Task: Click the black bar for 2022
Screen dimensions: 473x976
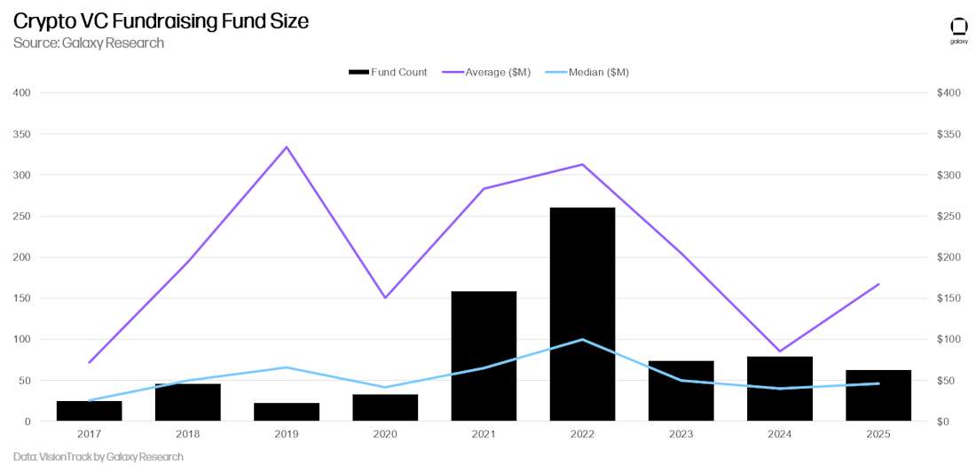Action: pyautogui.click(x=582, y=314)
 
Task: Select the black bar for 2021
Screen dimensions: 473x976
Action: pyautogui.click(x=484, y=356)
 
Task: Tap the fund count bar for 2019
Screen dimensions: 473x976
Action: pyautogui.click(x=287, y=412)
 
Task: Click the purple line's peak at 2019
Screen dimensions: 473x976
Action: pyautogui.click(x=287, y=146)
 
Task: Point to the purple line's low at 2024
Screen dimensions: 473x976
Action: pyautogui.click(x=779, y=351)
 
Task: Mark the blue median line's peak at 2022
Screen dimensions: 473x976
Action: pyautogui.click(x=582, y=339)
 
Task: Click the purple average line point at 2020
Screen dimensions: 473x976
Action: pyautogui.click(x=385, y=297)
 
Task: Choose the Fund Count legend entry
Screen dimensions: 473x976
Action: pyautogui.click(x=388, y=72)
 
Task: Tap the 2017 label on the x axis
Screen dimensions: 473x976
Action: pyautogui.click(x=90, y=435)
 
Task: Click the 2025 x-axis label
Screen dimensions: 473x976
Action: pyautogui.click(x=878, y=435)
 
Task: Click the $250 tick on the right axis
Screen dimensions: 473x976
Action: pyautogui.click(x=950, y=217)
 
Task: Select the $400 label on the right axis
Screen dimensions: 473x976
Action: pyautogui.click(x=950, y=93)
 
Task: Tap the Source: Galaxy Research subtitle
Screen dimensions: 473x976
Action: pyautogui.click(x=89, y=43)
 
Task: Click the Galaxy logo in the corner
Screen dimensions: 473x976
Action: pyautogui.click(x=958, y=28)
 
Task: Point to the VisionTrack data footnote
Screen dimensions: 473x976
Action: pyautogui.click(x=98, y=457)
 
